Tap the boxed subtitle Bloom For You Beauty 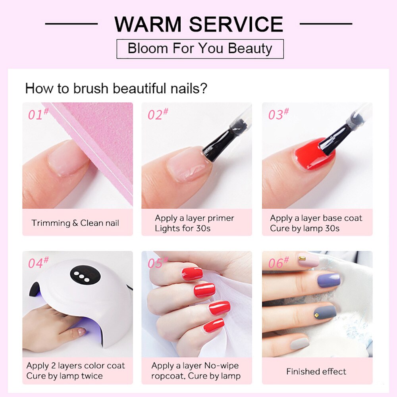(x=200, y=49)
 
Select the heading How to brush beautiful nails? (x=116, y=88)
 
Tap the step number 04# (x=38, y=262)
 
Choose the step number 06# (x=278, y=262)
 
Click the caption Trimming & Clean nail (x=75, y=223)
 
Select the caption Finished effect (x=316, y=372)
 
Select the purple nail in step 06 (x=329, y=280)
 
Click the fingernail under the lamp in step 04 (x=82, y=331)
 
